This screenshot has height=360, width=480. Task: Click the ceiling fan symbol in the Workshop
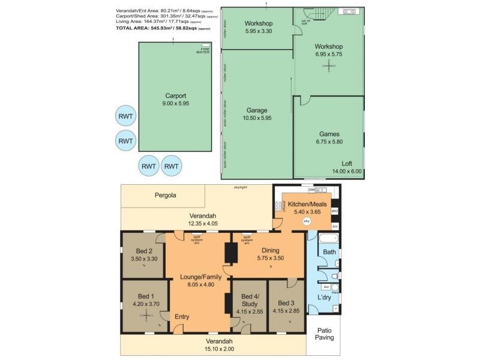(328, 68)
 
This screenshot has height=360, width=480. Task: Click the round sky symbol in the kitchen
(307, 221)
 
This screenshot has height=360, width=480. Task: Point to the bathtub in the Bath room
(328, 239)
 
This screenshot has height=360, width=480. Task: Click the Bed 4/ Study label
(249, 300)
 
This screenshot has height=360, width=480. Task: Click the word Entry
(182, 317)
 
